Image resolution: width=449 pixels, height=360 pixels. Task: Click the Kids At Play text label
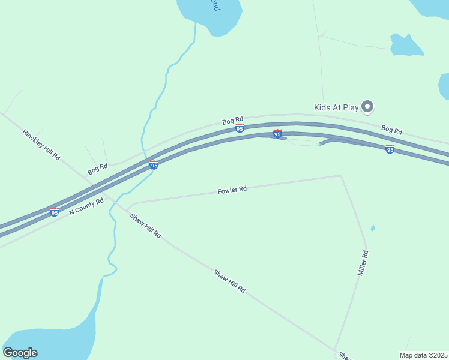pyautogui.click(x=336, y=107)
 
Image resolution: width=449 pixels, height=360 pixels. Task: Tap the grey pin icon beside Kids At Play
pyautogui.click(x=368, y=107)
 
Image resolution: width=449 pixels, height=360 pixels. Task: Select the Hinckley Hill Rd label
pyautogui.click(x=41, y=145)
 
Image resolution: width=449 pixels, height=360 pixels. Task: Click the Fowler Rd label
pyautogui.click(x=232, y=190)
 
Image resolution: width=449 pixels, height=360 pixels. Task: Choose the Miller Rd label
pyautogui.click(x=363, y=263)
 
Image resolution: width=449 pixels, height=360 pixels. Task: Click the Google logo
pyautogui.click(x=20, y=353)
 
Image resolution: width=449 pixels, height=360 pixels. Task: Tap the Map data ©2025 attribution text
pyautogui.click(x=424, y=355)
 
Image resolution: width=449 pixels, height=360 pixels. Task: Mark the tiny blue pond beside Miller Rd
pyautogui.click(x=373, y=228)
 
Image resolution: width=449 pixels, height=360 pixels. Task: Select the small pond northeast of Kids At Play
pyautogui.click(x=406, y=45)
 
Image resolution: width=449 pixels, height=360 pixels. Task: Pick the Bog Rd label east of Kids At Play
pyautogui.click(x=391, y=130)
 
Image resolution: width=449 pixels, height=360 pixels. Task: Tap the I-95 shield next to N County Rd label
pyautogui.click(x=55, y=212)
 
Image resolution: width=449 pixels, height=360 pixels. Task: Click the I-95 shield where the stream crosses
pyautogui.click(x=154, y=164)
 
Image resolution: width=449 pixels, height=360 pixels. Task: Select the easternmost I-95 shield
pyautogui.click(x=390, y=149)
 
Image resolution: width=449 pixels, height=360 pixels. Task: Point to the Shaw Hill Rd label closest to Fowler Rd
pyautogui.click(x=146, y=226)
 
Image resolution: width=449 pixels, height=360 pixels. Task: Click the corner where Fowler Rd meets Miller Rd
pyautogui.click(x=342, y=176)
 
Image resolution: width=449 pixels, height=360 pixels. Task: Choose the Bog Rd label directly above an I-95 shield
pyautogui.click(x=232, y=121)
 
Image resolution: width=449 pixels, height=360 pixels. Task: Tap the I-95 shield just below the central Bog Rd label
pyautogui.click(x=240, y=128)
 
